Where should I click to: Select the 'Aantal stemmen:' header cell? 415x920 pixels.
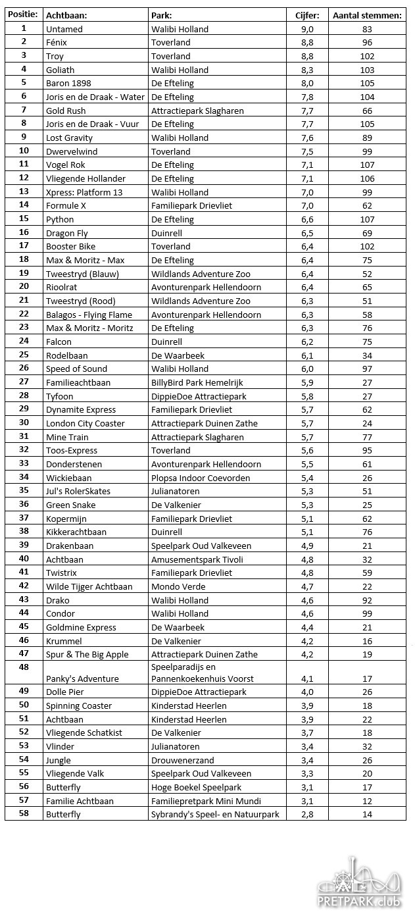point(367,15)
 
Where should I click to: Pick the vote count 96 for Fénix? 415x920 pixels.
point(367,42)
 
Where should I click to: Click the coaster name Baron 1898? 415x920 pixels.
point(68,83)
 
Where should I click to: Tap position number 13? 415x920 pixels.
point(24,192)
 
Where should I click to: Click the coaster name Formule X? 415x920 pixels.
point(66,205)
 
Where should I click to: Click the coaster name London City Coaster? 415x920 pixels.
point(85,423)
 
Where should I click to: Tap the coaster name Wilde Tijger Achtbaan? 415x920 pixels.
point(89,586)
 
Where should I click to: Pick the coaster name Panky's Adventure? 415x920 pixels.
point(82,678)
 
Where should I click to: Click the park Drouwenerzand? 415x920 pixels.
point(182,760)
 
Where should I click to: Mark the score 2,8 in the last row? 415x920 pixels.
point(307,814)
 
